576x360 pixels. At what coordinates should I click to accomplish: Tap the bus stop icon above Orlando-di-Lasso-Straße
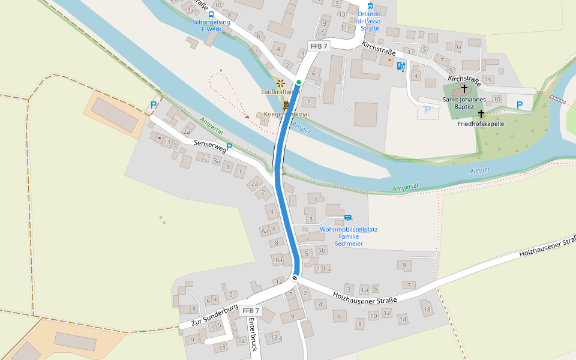370,5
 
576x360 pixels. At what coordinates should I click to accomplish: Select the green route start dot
298,82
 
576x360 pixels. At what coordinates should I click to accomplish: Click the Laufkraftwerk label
280,92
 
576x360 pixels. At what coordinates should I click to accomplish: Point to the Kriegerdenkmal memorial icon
286,105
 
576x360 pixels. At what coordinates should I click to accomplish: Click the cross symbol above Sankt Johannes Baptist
464,88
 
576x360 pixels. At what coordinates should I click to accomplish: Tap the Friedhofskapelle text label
481,124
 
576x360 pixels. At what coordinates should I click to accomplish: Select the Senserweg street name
209,146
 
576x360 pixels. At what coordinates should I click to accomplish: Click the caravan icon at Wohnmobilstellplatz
348,217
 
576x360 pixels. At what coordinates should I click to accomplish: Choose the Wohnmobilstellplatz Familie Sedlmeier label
348,236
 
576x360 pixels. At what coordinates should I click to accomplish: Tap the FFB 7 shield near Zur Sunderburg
251,311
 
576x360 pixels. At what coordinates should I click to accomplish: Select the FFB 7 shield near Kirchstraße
319,46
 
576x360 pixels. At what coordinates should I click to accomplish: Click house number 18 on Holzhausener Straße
427,310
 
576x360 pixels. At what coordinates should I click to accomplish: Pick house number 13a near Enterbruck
276,337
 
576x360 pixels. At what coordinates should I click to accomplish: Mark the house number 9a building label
458,46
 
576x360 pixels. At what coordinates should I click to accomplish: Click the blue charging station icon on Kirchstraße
401,65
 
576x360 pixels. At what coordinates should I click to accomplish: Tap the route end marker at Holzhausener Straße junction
295,278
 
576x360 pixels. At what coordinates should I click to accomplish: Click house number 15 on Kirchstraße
488,80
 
